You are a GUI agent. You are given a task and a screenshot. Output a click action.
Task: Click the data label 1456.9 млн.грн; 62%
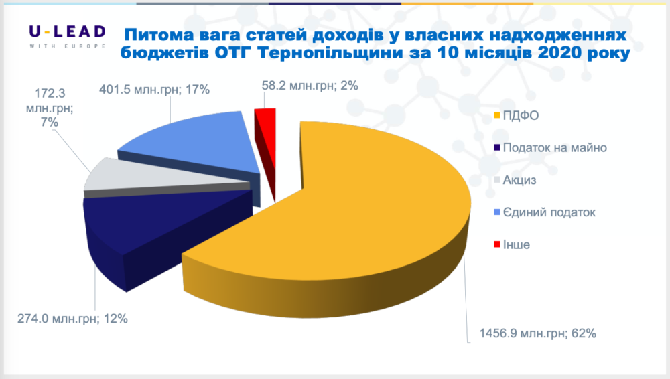coord(537,333)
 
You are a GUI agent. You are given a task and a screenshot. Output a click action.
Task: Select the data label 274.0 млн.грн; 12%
coord(72,319)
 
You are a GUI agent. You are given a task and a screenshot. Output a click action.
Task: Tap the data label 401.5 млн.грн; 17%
coord(154,90)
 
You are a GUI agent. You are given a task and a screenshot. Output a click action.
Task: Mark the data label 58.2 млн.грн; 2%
coord(310,86)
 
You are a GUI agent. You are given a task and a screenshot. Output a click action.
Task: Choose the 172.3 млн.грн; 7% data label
coord(50,108)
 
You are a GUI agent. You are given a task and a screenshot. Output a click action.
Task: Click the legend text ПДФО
coord(521,115)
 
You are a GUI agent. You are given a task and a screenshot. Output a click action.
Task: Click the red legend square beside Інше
coord(497,244)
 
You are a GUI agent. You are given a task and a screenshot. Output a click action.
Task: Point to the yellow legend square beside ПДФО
coord(497,115)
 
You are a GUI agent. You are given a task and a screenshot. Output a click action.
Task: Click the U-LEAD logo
coord(68,36)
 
